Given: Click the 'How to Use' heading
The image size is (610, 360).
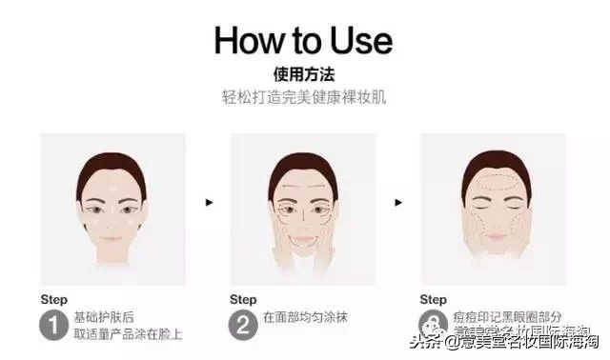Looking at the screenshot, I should pyautogui.click(x=303, y=40).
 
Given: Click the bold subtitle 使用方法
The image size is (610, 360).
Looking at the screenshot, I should pyautogui.click(x=303, y=73).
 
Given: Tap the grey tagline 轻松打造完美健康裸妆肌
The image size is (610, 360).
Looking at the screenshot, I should pyautogui.click(x=303, y=97).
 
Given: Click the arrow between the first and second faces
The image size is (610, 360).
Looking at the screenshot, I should pyautogui.click(x=209, y=202).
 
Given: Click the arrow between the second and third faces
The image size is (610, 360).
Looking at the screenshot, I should pyautogui.click(x=398, y=202).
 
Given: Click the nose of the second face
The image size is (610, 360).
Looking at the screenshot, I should pyautogui.click(x=303, y=216).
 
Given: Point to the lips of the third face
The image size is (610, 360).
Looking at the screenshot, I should pyautogui.click(x=493, y=237).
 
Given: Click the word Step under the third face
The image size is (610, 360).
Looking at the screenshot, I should pyautogui.click(x=434, y=298).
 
